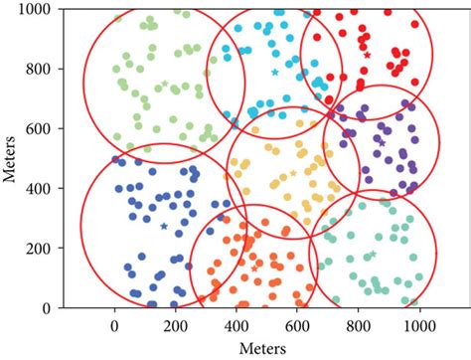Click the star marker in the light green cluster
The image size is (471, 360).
(165, 84)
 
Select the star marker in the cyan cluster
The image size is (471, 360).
(275, 72)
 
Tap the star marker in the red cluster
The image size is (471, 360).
(367, 56)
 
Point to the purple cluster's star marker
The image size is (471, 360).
(382, 143)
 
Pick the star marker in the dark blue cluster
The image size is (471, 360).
(164, 226)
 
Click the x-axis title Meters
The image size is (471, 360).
(267, 348)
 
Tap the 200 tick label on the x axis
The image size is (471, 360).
(175, 325)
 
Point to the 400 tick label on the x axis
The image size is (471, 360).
(236, 325)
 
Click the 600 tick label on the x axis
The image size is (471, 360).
(297, 325)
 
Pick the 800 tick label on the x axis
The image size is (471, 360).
(358, 325)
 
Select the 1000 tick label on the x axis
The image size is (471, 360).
(418, 325)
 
